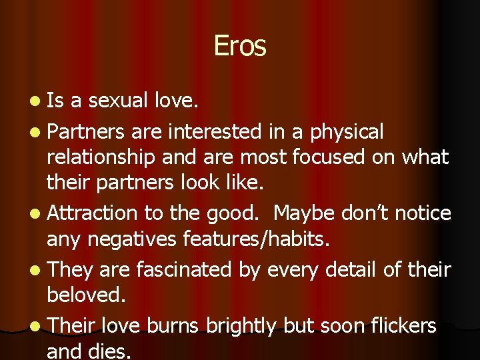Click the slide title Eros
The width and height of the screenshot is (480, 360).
click(240, 46)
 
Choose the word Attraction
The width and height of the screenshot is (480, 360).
click(91, 213)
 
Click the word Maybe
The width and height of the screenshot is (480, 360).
click(303, 213)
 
